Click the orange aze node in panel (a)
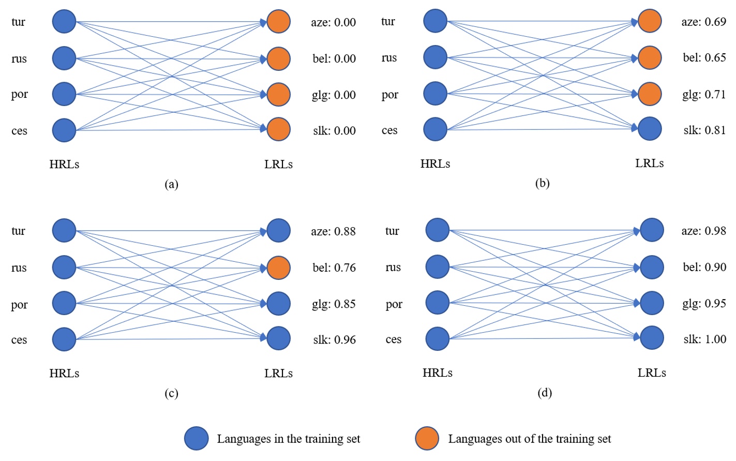pyautogui.click(x=278, y=22)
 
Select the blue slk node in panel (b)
pyautogui.click(x=650, y=129)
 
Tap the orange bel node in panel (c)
pyautogui.click(x=278, y=267)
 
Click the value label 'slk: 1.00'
pyautogui.click(x=704, y=339)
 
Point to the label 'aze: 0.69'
pyautogui.click(x=703, y=22)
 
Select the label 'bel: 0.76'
pyautogui.click(x=334, y=267)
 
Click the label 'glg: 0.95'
pyautogui.click(x=704, y=303)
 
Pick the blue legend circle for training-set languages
pyautogui.click(x=197, y=438)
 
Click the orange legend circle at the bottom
pyautogui.click(x=427, y=438)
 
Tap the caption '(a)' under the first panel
pyautogui.click(x=171, y=184)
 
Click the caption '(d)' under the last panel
pyautogui.click(x=544, y=393)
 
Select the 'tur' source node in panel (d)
pyautogui.click(x=438, y=230)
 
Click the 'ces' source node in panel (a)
pyautogui.click(x=64, y=130)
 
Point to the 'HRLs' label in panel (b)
pyautogui.click(x=435, y=164)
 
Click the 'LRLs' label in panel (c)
pyautogui.click(x=278, y=373)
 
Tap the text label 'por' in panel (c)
pyautogui.click(x=20, y=304)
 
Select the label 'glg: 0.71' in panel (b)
pyautogui.click(x=703, y=94)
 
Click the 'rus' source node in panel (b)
pyautogui.click(x=435, y=57)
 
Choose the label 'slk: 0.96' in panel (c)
pyautogui.click(x=334, y=340)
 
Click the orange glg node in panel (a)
pyautogui.click(x=278, y=95)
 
